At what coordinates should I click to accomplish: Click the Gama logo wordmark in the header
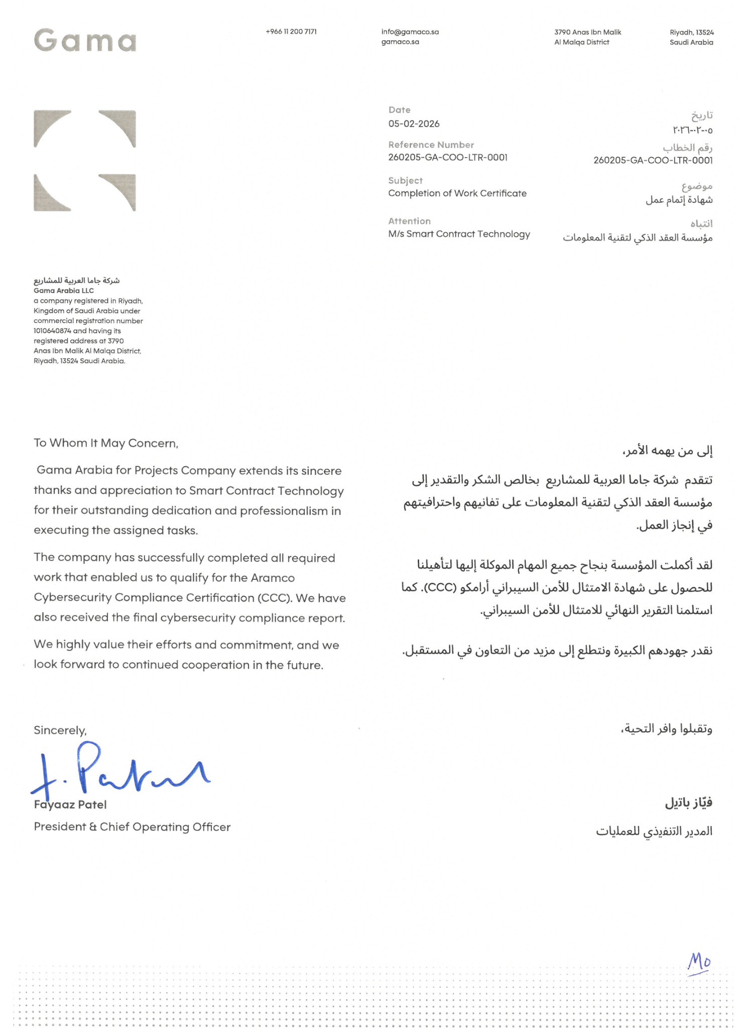tap(85, 40)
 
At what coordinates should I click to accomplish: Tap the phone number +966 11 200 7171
tap(291, 32)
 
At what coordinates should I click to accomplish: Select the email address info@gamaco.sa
tap(410, 32)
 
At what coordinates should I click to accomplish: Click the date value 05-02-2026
tap(414, 124)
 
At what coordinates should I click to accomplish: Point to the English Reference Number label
tap(431, 145)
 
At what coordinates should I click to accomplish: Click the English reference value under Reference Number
tap(448, 158)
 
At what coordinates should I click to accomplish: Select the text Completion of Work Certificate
tap(457, 193)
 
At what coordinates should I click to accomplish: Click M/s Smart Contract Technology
tap(459, 234)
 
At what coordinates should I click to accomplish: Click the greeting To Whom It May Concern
tap(106, 443)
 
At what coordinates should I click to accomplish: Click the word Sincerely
tap(60, 730)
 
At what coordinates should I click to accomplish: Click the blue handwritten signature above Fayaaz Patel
tap(120, 771)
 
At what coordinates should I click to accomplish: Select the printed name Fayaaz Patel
tap(70, 805)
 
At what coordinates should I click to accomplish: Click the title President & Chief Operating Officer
tap(132, 827)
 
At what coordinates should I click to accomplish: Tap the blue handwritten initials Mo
tap(699, 962)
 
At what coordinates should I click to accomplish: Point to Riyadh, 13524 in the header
tap(691, 32)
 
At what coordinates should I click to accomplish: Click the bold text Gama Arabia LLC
tap(64, 291)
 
